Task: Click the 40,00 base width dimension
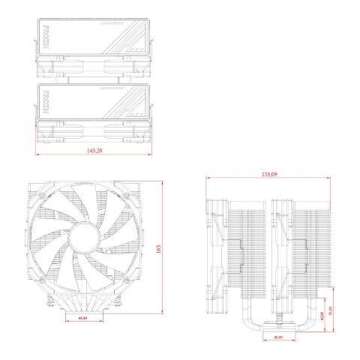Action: tap(277, 338)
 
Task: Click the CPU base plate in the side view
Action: tap(277, 328)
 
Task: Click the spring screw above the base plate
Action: tap(277, 318)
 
